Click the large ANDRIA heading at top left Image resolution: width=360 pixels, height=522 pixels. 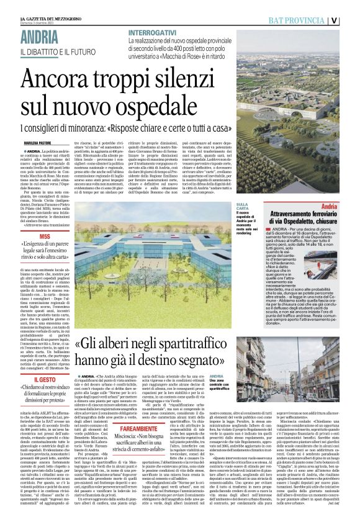[41, 37]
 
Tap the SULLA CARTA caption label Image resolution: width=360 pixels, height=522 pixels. [242, 207]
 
